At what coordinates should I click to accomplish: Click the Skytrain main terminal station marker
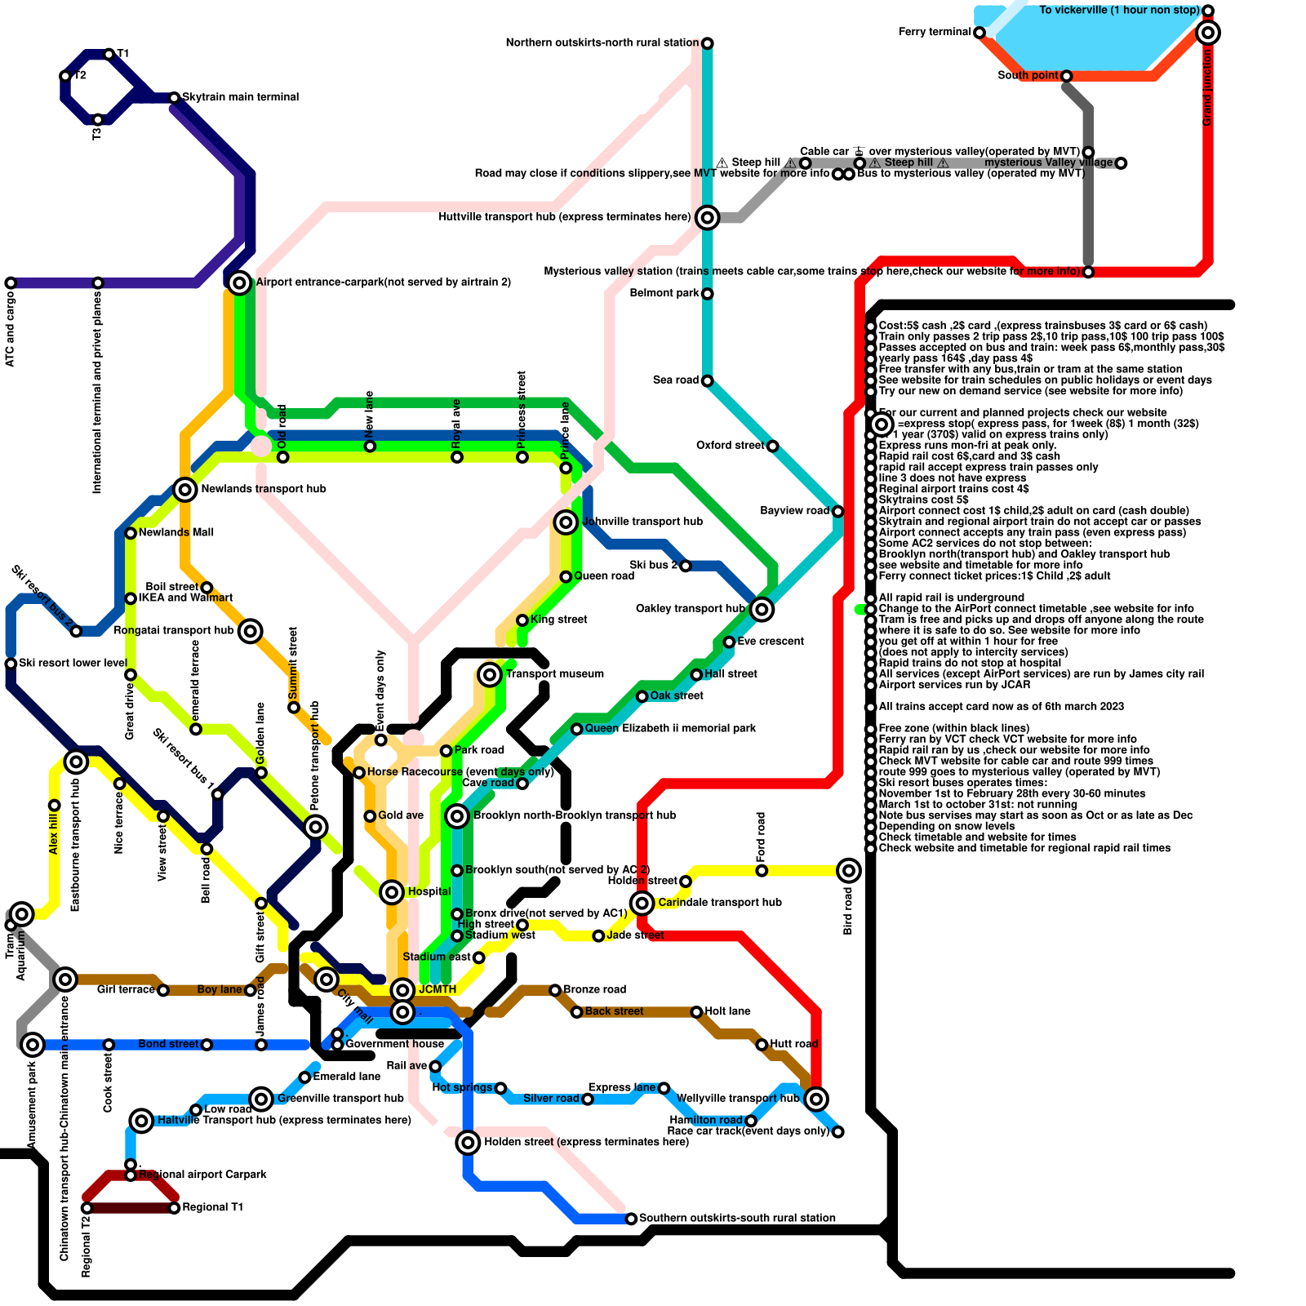(x=174, y=98)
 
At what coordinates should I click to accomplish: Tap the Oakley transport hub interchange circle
(x=762, y=609)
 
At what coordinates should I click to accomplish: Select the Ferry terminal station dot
(x=979, y=33)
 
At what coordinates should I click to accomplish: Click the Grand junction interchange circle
(x=1208, y=33)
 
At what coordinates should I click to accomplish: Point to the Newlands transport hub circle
(x=185, y=490)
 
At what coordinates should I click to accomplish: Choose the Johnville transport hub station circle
(x=566, y=522)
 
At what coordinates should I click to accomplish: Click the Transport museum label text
(x=555, y=674)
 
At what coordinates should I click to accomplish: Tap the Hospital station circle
(x=392, y=892)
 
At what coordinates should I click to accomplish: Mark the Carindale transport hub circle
(x=642, y=903)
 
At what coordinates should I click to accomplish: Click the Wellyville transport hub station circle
(x=816, y=1099)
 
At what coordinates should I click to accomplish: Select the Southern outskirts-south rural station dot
(x=631, y=1219)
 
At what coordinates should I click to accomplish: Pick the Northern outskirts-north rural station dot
(x=708, y=43)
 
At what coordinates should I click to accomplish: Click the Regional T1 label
(x=212, y=1207)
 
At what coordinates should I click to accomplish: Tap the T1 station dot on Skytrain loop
(x=109, y=55)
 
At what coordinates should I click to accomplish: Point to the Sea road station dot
(x=708, y=381)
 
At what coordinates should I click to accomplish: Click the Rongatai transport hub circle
(x=251, y=631)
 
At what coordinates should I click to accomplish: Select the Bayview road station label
(x=795, y=511)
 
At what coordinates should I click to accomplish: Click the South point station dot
(x=1066, y=76)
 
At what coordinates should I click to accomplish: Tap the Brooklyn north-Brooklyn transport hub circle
(x=457, y=815)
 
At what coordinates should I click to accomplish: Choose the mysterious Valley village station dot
(x=1122, y=163)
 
